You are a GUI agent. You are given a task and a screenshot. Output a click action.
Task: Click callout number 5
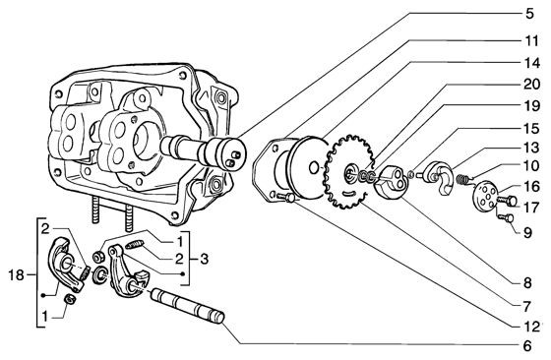tap(530, 15)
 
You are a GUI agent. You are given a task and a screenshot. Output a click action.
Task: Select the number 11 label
tap(530, 41)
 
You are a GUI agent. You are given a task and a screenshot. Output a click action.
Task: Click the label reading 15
tap(530, 128)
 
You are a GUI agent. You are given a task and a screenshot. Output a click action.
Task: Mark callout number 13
tap(530, 148)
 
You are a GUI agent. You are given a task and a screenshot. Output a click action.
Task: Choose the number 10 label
tap(530, 166)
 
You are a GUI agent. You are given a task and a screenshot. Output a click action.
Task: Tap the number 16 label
tap(530, 186)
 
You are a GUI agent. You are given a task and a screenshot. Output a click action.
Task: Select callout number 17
tap(530, 207)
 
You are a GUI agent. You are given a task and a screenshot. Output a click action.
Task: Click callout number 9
tap(530, 232)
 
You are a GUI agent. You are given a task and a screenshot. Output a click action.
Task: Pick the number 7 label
tap(530, 281)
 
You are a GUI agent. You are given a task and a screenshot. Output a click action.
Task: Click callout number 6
tap(530, 346)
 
